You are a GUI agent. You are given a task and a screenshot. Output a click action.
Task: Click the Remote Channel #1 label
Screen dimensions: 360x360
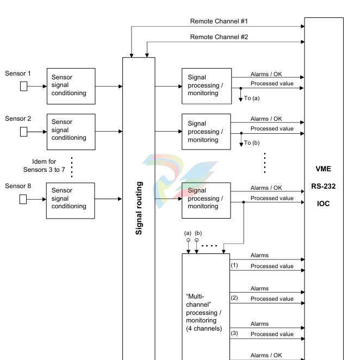pyautogui.click(x=219, y=21)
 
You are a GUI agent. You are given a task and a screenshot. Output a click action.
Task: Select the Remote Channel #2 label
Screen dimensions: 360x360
pyautogui.click(x=219, y=37)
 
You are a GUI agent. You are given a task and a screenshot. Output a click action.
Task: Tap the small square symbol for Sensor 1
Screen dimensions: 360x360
pyautogui.click(x=23, y=86)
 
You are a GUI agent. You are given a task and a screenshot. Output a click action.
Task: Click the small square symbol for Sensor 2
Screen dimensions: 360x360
pyautogui.click(x=23, y=132)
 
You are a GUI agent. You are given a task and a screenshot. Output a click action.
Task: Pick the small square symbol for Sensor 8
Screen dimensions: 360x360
pyautogui.click(x=23, y=199)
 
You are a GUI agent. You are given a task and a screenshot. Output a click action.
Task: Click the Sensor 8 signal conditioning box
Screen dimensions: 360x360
pyautogui.click(x=71, y=201)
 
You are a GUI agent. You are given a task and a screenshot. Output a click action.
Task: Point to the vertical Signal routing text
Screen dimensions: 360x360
pyautogui.click(x=139, y=208)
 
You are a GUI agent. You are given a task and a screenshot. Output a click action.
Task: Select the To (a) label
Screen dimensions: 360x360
pyautogui.click(x=252, y=98)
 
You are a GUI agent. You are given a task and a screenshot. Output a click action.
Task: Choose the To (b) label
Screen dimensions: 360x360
pyautogui.click(x=252, y=143)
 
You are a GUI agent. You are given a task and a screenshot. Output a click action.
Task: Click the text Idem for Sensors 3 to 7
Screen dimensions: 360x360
pyautogui.click(x=44, y=165)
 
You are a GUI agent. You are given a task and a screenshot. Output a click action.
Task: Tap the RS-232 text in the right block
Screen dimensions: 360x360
pyautogui.click(x=323, y=186)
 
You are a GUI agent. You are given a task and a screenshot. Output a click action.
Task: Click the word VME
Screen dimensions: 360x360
pyautogui.click(x=323, y=169)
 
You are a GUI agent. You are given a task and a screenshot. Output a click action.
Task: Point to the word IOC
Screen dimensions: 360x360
pyautogui.click(x=323, y=203)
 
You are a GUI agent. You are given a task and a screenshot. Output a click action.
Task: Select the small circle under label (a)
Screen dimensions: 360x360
pyautogui.click(x=188, y=240)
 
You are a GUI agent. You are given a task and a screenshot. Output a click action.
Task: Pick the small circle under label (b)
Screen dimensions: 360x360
pyautogui.click(x=196, y=240)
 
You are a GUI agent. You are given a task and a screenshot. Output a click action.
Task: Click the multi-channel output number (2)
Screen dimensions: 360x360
pyautogui.click(x=234, y=298)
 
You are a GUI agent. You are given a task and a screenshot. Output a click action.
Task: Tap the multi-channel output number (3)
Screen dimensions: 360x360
pyautogui.click(x=234, y=333)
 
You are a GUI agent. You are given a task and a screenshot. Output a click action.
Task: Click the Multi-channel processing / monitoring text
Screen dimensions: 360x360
pyautogui.click(x=204, y=313)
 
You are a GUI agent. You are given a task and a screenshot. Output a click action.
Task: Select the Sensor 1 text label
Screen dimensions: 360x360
pyautogui.click(x=18, y=73)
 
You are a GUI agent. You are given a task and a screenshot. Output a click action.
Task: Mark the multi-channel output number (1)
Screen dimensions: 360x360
pyautogui.click(x=234, y=265)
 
